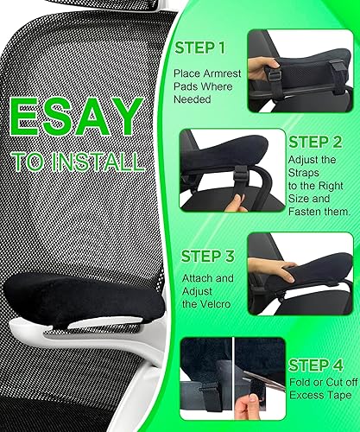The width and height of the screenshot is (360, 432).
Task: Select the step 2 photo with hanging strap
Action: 233,169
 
